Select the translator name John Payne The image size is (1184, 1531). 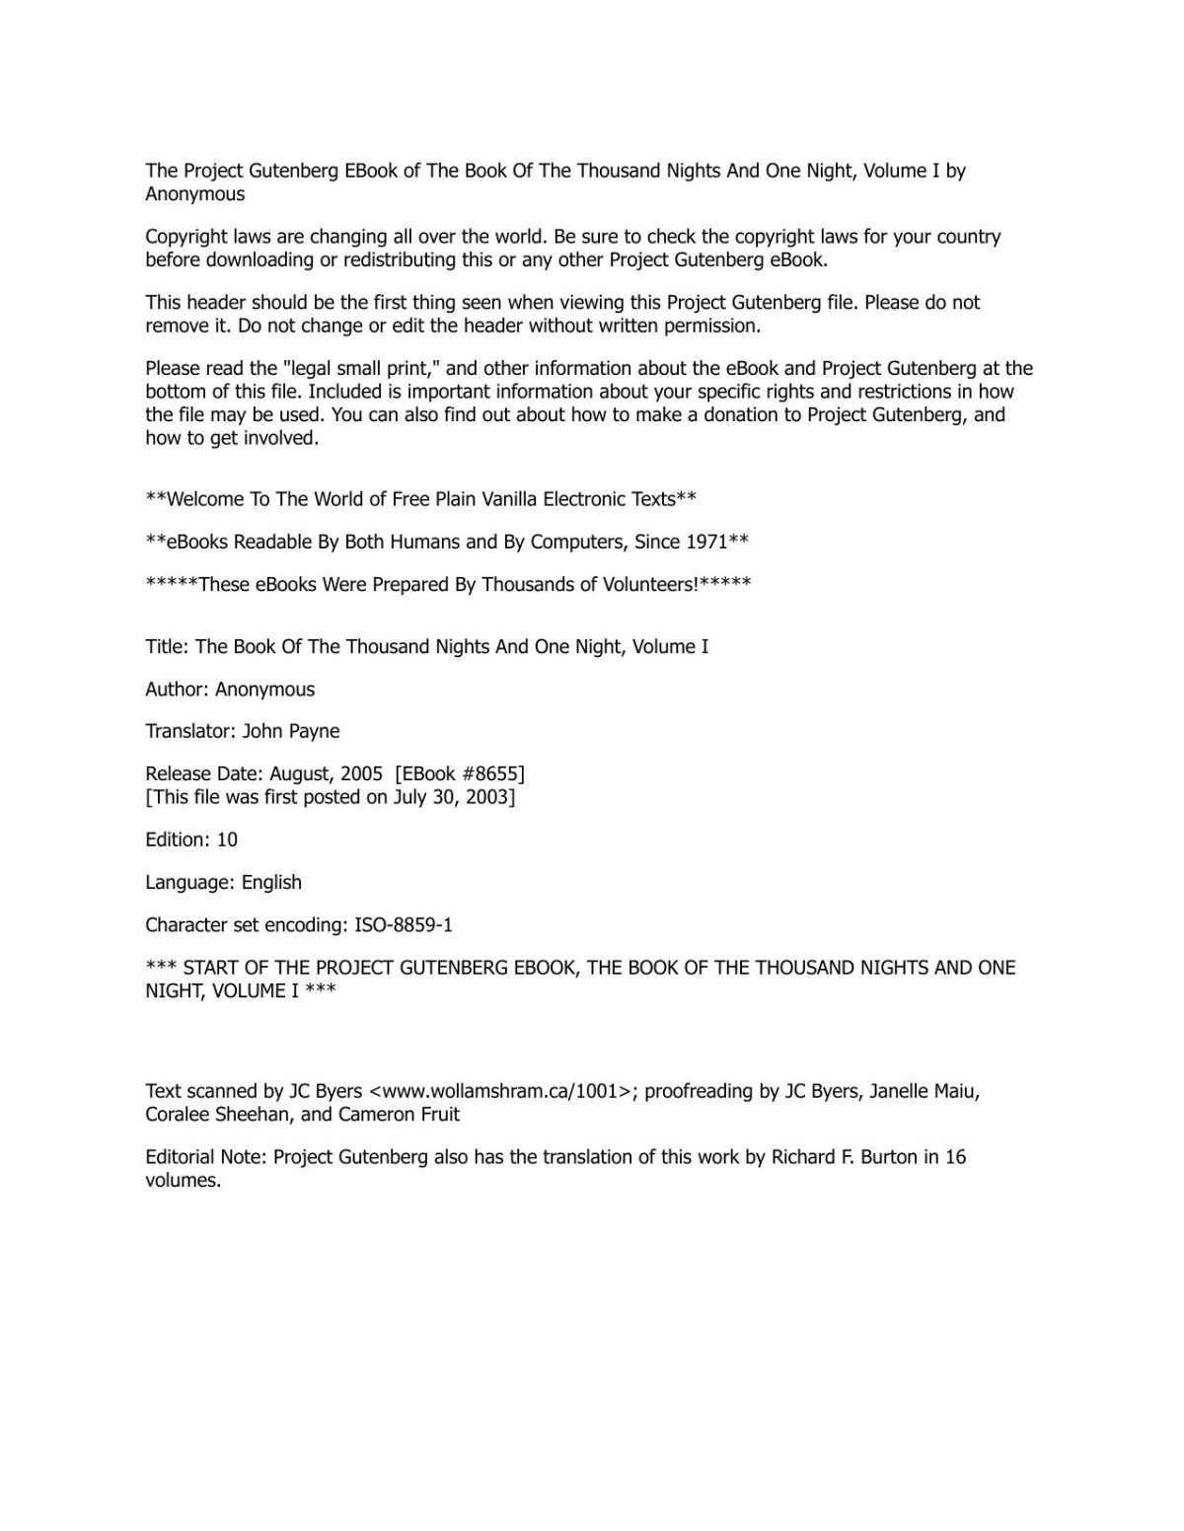click(x=291, y=732)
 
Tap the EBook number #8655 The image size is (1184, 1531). click(x=489, y=774)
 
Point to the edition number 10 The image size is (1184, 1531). click(x=227, y=840)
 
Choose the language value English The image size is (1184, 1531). click(x=271, y=883)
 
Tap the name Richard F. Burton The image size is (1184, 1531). click(x=845, y=1157)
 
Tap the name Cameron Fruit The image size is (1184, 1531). click(x=399, y=1115)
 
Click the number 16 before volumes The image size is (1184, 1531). click(x=954, y=1157)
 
